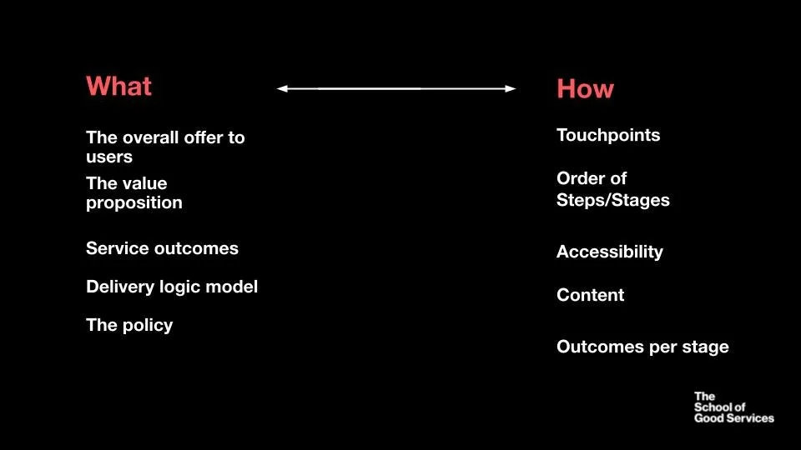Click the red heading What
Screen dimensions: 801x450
click(118, 87)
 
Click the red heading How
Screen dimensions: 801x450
click(585, 90)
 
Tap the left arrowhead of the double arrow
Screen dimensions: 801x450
click(283, 88)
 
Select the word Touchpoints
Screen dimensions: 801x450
click(607, 136)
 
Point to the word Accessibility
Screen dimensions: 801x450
click(609, 252)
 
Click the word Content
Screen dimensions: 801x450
click(590, 296)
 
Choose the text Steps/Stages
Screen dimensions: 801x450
click(612, 201)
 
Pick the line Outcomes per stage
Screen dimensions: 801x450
click(642, 347)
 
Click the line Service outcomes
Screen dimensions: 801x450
click(162, 249)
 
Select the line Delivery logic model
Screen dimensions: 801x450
click(172, 287)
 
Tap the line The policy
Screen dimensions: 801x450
click(129, 326)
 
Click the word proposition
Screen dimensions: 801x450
click(133, 203)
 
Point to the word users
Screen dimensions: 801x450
click(109, 157)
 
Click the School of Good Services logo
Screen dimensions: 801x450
click(733, 407)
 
